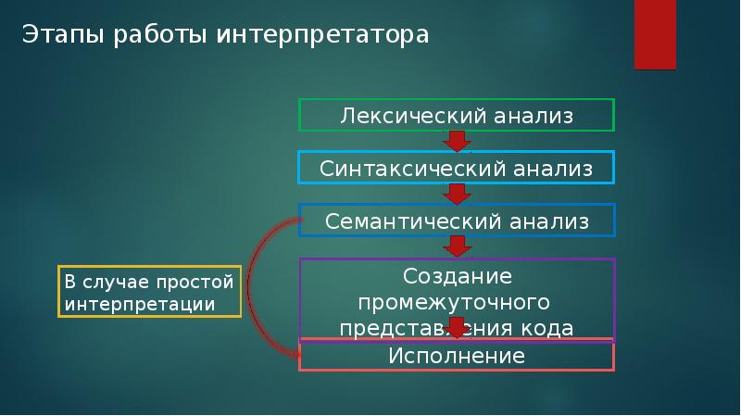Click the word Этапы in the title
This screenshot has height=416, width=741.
click(63, 34)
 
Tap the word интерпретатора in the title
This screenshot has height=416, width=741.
click(322, 35)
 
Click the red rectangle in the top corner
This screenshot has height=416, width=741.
click(655, 34)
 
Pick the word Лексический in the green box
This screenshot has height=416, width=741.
click(413, 116)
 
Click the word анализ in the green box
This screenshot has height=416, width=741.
click(534, 116)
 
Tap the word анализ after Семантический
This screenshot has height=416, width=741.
click(549, 221)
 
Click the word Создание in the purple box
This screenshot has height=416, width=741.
click(458, 276)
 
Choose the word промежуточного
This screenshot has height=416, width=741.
click(454, 303)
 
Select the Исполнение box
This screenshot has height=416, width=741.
click(457, 355)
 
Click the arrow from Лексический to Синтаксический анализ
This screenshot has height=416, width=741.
click(457, 142)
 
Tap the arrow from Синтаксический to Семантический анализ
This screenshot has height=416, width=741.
click(457, 195)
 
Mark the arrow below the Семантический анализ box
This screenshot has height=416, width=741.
click(457, 246)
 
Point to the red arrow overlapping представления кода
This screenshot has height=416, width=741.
click(457, 328)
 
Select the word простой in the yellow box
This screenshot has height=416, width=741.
click(195, 283)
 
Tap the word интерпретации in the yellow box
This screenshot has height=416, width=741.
click(140, 305)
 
